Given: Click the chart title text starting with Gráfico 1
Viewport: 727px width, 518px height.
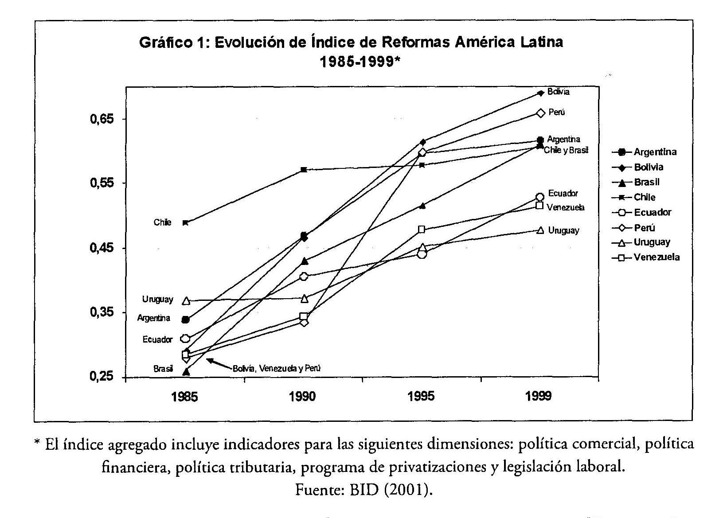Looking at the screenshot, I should [x=351, y=43].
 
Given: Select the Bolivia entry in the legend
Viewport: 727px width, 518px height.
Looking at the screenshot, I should [x=649, y=167].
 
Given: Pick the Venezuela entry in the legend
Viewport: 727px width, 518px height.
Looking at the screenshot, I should [x=657, y=257].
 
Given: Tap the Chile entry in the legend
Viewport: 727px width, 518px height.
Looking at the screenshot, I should [x=645, y=197].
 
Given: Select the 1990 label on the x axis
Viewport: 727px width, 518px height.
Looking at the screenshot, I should [x=303, y=396].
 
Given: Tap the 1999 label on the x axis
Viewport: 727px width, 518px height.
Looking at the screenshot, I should [x=539, y=396].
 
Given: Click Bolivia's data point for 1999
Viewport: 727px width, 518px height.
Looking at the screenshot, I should [x=540, y=93].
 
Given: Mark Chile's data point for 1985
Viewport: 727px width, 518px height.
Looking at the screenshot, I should [x=186, y=222].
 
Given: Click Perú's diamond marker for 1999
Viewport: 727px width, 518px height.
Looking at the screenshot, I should [x=540, y=113].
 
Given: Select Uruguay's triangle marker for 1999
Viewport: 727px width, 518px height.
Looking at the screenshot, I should [x=540, y=230].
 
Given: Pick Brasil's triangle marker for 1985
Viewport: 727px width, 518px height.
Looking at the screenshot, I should [x=186, y=371].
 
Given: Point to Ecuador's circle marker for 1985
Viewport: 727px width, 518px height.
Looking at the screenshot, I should [x=186, y=339].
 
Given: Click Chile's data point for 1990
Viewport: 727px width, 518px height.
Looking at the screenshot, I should [x=304, y=170].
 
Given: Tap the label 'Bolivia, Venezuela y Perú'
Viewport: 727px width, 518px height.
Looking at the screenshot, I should [x=276, y=368].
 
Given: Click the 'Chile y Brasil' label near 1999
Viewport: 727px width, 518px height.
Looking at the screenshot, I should [x=566, y=150].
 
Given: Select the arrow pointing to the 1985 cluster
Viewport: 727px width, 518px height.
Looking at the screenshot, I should [x=219, y=363].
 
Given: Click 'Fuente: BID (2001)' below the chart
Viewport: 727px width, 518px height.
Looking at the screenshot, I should [x=363, y=490].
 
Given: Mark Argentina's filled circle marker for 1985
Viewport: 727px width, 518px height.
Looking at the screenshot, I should [x=186, y=319].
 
